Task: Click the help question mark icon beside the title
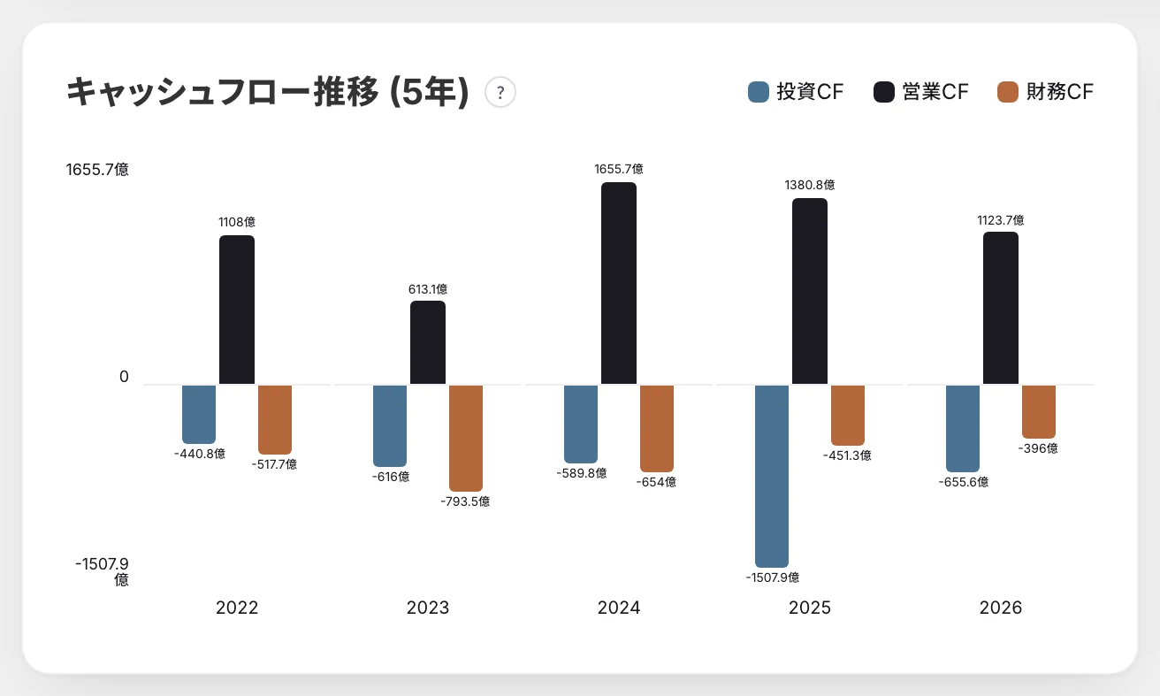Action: click(x=500, y=92)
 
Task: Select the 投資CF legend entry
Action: click(x=796, y=92)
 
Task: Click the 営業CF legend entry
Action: click(x=920, y=92)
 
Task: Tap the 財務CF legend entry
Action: click(x=1045, y=92)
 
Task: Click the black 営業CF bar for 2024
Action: click(x=618, y=283)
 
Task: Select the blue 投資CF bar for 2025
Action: click(x=772, y=476)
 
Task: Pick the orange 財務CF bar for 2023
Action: click(x=466, y=438)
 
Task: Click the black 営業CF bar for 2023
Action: click(x=428, y=342)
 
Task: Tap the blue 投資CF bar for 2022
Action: click(x=199, y=414)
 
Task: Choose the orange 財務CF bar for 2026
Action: click(x=1038, y=412)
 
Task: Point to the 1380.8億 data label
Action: click(x=809, y=185)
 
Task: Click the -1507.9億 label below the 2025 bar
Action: click(x=772, y=577)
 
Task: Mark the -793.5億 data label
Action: click(x=465, y=501)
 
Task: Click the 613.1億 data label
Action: click(x=428, y=289)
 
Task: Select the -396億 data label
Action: click(x=1038, y=448)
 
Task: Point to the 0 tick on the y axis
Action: click(x=124, y=377)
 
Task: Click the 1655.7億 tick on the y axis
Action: click(x=97, y=169)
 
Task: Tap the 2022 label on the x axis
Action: click(x=237, y=608)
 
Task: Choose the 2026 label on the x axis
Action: click(x=1001, y=608)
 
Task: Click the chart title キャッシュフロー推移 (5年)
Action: click(x=268, y=92)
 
